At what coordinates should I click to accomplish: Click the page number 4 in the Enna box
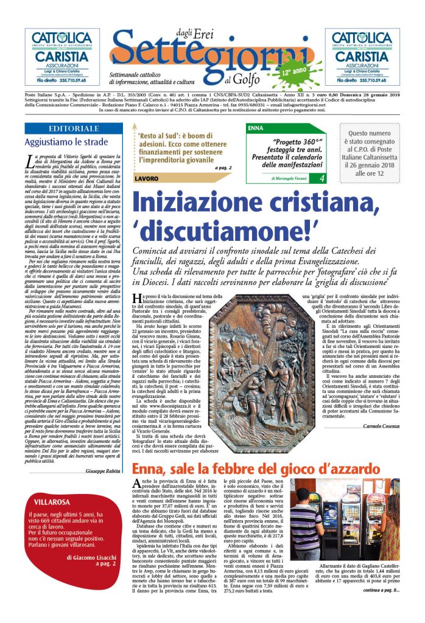click(321, 178)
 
